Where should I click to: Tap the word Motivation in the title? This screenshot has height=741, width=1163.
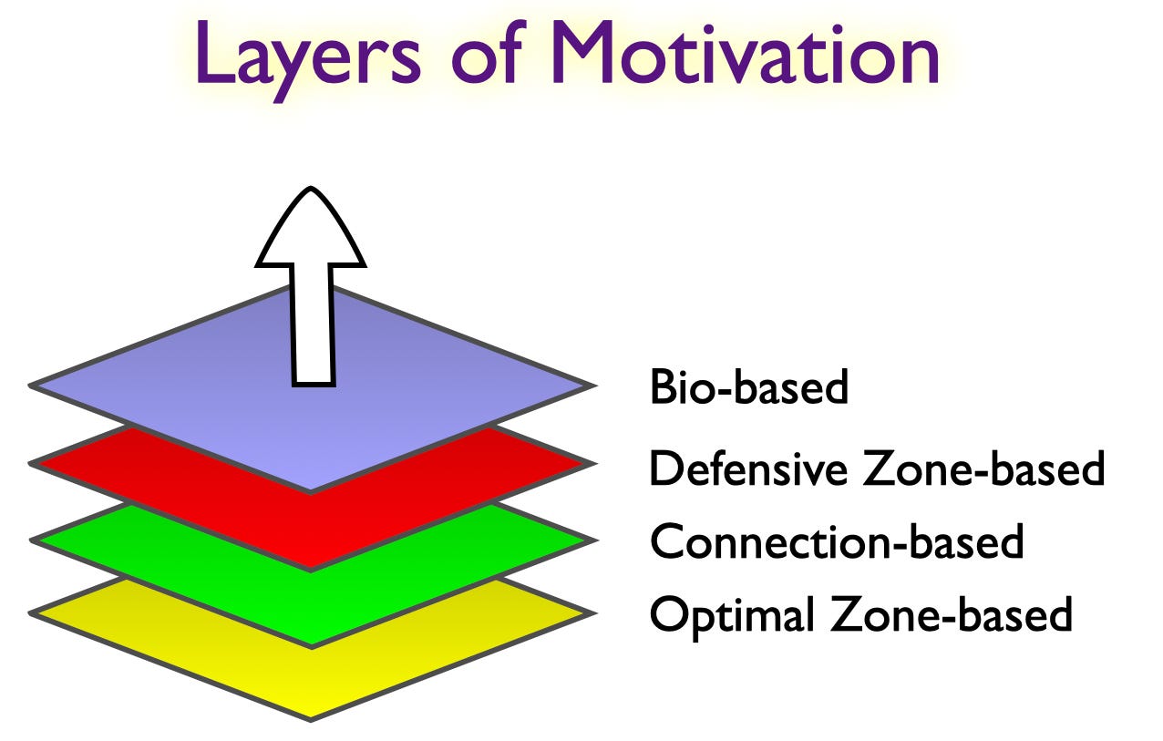point(746,55)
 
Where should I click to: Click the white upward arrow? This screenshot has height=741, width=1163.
point(312,292)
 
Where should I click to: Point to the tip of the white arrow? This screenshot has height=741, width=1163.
point(312,190)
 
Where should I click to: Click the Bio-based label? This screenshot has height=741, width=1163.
point(748,387)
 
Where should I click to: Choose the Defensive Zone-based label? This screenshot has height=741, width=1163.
point(876,468)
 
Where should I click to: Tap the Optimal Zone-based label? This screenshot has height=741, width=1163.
point(859,614)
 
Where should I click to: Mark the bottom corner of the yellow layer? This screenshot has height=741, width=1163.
point(311,718)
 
